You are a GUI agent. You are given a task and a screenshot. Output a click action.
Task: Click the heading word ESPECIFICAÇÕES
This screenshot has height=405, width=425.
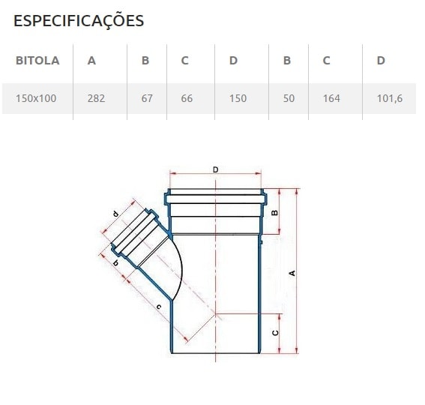click(79, 21)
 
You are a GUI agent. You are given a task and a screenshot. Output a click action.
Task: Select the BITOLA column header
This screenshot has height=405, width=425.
click(37, 61)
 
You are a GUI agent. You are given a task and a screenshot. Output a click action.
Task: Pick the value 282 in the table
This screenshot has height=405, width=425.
click(96, 98)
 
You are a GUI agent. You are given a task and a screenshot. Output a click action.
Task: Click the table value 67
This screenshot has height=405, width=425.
click(147, 98)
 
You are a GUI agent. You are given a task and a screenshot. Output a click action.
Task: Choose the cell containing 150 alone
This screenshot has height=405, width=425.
click(237, 98)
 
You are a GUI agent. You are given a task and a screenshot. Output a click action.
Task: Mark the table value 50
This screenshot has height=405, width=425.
click(289, 98)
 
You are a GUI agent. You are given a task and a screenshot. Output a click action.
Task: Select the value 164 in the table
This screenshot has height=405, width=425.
click(331, 98)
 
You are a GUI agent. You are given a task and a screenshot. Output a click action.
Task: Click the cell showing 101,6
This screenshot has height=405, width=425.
click(389, 98)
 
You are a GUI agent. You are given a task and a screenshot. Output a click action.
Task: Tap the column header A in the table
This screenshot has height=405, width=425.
click(91, 61)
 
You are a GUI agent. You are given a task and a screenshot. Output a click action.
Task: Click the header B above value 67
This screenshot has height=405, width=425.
click(145, 61)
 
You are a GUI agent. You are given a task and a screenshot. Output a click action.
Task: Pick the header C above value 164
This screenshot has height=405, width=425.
click(327, 61)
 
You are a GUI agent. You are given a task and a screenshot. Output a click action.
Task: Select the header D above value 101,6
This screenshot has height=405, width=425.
click(381, 61)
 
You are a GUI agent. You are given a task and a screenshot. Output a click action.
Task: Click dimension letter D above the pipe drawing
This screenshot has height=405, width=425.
click(216, 170)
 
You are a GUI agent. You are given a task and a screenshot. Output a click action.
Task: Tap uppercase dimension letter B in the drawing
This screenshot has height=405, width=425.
click(275, 213)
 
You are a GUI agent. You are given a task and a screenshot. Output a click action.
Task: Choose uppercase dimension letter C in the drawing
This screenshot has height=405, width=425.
click(275, 332)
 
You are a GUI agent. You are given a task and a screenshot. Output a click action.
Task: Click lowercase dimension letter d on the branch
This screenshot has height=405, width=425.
click(115, 214)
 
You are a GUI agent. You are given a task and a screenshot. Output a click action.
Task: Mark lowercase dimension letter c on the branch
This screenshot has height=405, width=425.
click(158, 307)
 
